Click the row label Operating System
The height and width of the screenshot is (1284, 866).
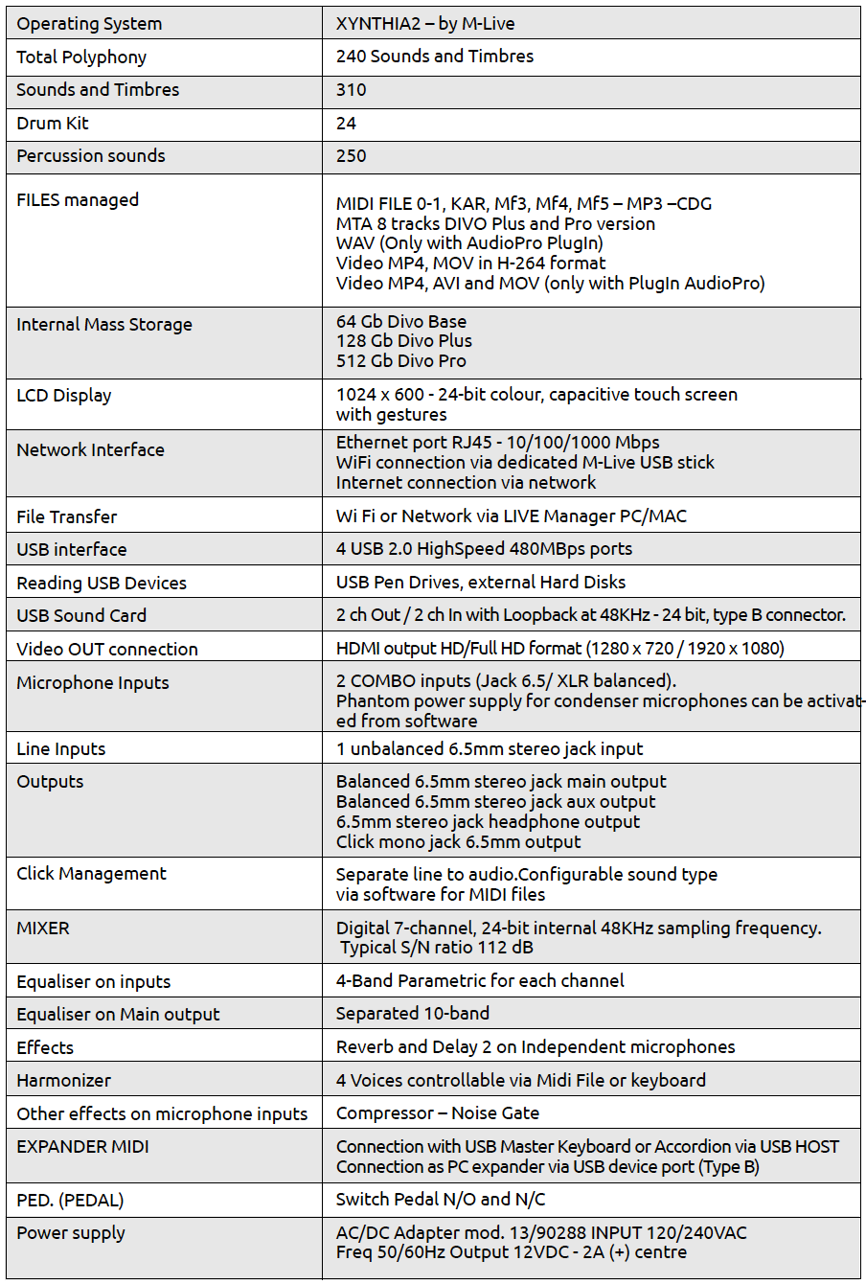click(89, 24)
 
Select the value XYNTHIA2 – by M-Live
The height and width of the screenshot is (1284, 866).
click(425, 24)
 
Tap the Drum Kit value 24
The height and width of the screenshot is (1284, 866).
click(346, 123)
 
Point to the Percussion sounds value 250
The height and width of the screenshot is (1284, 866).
click(352, 155)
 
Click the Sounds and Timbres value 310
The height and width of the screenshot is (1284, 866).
click(352, 89)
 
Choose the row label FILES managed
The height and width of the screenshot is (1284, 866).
click(78, 200)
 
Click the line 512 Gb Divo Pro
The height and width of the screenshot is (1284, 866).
click(401, 361)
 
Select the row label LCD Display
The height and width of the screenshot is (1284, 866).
click(64, 395)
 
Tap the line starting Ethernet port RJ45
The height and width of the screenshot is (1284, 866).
click(497, 442)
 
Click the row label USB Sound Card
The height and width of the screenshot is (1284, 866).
click(81, 615)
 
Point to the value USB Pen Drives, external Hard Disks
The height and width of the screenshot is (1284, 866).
click(481, 582)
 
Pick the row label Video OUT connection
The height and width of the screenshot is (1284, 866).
click(107, 649)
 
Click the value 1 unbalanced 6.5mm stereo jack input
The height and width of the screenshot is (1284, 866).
click(490, 748)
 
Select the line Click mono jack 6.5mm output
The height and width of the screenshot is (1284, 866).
click(458, 842)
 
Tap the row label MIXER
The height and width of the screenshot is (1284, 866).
click(43, 928)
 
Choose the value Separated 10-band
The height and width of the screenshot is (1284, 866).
click(413, 1013)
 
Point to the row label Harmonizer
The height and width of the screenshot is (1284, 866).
click(64, 1080)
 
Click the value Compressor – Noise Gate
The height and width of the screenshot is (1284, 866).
click(438, 1112)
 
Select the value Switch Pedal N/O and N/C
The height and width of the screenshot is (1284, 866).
click(436, 1199)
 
